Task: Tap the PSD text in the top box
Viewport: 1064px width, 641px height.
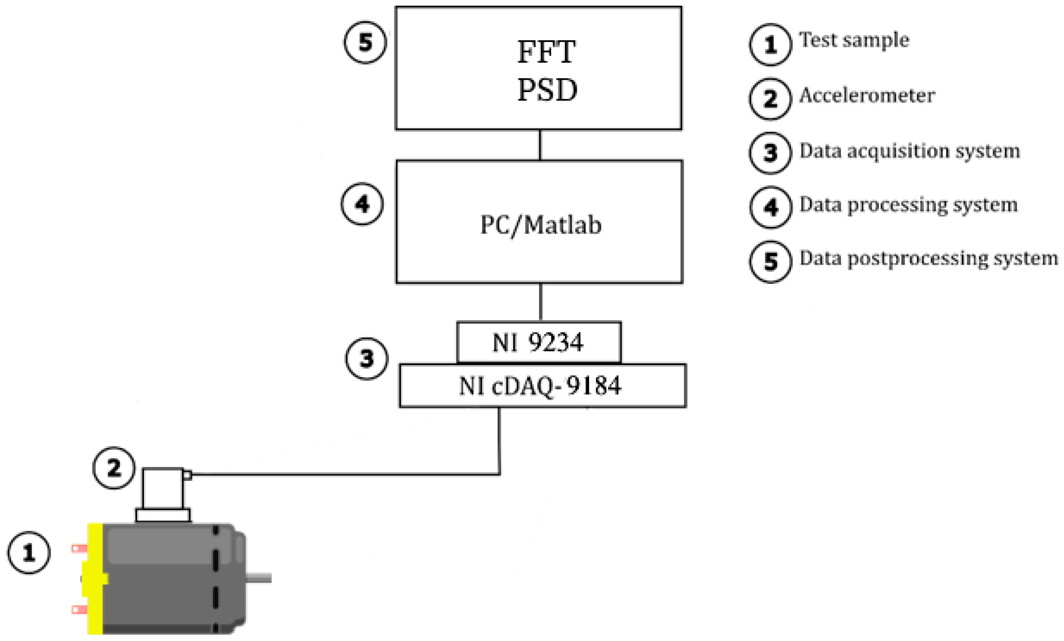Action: (x=547, y=90)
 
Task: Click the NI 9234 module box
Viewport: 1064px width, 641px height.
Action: (x=538, y=342)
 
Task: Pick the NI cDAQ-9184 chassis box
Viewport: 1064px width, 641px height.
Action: (x=542, y=386)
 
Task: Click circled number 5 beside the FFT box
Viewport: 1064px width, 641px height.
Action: (x=365, y=42)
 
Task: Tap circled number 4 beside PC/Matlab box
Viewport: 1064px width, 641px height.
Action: (x=362, y=204)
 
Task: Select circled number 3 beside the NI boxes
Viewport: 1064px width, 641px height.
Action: (x=367, y=359)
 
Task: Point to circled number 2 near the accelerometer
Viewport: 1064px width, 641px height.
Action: (x=114, y=468)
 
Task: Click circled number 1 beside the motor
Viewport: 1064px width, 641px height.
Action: (x=29, y=553)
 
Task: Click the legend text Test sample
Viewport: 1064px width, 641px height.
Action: (x=854, y=40)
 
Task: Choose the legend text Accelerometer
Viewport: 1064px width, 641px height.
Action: (x=867, y=96)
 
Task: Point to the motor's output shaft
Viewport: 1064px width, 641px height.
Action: (x=259, y=578)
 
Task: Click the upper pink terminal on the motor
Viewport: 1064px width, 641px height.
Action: (x=79, y=549)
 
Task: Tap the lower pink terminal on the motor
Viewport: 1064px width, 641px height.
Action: (x=79, y=609)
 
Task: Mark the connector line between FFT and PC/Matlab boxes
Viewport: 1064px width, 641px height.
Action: (x=540, y=145)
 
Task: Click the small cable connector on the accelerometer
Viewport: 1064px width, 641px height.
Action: (x=188, y=475)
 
